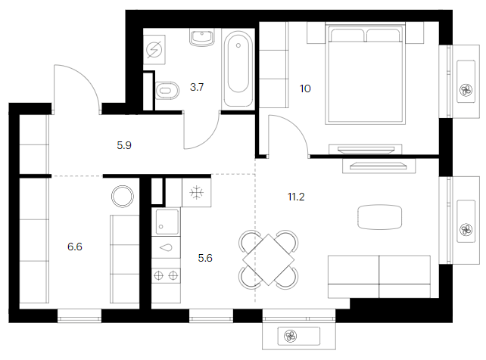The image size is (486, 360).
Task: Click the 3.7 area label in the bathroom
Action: [x=197, y=87]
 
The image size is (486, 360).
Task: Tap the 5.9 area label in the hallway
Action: [x=124, y=145]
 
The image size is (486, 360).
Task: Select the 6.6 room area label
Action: [x=75, y=247]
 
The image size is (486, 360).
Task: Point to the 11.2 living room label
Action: [x=296, y=197]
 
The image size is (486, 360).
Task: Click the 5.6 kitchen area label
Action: [x=205, y=258]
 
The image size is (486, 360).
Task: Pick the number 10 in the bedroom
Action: [x=305, y=88]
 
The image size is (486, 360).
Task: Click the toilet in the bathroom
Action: [x=167, y=91]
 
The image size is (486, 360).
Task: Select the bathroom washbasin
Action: [x=202, y=38]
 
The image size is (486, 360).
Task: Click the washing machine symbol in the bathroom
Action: [x=154, y=49]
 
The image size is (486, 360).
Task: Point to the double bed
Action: [x=366, y=73]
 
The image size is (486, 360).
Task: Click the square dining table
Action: [x=269, y=259]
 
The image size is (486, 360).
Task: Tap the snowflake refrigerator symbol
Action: [x=197, y=193]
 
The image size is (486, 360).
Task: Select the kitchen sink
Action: [x=167, y=222]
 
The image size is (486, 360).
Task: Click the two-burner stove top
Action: [x=166, y=275]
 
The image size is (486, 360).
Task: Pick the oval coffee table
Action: [x=380, y=217]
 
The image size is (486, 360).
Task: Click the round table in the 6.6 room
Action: [x=123, y=197]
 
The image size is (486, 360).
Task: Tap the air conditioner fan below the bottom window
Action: [x=291, y=336]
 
